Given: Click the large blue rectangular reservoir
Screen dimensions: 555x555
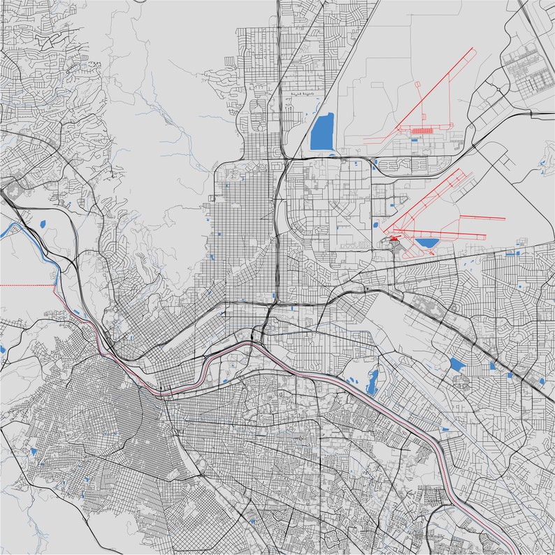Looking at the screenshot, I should click(x=322, y=131).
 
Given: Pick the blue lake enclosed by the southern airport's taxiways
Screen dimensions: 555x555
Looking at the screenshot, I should click(x=426, y=243).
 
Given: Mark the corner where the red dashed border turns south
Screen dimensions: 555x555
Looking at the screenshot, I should click(x=55, y=286).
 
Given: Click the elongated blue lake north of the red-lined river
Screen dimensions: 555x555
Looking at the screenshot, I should click(x=372, y=382).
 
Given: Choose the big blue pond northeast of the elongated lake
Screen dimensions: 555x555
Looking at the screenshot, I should click(x=456, y=364).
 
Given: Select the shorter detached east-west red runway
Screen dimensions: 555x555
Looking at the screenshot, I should click(x=482, y=219).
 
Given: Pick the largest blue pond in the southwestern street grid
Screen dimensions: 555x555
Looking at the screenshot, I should click(x=32, y=452).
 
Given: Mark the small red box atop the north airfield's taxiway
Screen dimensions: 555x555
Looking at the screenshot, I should click(x=418, y=85).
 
